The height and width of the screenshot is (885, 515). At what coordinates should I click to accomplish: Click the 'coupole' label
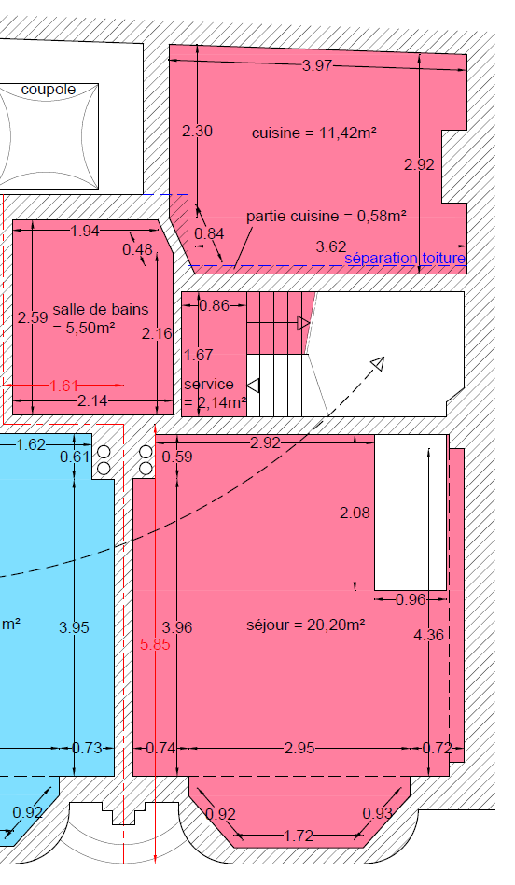pyautogui.click(x=48, y=90)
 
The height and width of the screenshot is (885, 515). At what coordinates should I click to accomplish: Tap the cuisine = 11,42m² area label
pyautogui.click(x=314, y=133)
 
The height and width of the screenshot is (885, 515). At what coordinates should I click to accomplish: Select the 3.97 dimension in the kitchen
pyautogui.click(x=317, y=65)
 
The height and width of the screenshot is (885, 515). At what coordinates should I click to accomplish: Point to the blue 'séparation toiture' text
pyautogui.click(x=405, y=259)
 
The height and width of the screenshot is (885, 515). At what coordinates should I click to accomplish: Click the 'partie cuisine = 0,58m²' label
pyautogui.click(x=327, y=217)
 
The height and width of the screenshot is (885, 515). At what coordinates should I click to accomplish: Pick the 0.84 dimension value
pyautogui.click(x=209, y=233)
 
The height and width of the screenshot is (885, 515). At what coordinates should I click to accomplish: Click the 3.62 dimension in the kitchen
pyautogui.click(x=330, y=246)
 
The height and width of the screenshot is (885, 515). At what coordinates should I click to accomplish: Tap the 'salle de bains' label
pyautogui.click(x=101, y=309)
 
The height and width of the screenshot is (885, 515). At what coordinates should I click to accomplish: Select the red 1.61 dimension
pyautogui.click(x=63, y=386)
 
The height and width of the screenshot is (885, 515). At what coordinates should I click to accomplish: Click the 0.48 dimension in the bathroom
pyautogui.click(x=138, y=249)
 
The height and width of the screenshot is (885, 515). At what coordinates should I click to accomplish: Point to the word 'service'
pyautogui.click(x=209, y=385)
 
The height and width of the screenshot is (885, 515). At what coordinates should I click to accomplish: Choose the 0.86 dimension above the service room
pyautogui.click(x=215, y=305)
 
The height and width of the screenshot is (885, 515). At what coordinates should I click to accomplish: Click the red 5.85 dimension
pyautogui.click(x=155, y=644)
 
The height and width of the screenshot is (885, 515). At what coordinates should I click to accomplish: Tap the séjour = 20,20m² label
pyautogui.click(x=306, y=625)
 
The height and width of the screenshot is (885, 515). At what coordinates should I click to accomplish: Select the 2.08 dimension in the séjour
pyautogui.click(x=355, y=513)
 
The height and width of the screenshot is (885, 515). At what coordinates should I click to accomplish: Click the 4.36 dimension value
pyautogui.click(x=428, y=635)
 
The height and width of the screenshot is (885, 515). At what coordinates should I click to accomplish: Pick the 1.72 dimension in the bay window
pyautogui.click(x=299, y=836)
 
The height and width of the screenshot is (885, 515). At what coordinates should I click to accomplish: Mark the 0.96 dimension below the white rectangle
pyautogui.click(x=411, y=599)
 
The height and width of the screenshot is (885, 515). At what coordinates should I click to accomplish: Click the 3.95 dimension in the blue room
pyautogui.click(x=74, y=627)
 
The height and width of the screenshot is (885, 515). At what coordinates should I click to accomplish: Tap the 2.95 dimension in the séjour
pyautogui.click(x=299, y=748)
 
